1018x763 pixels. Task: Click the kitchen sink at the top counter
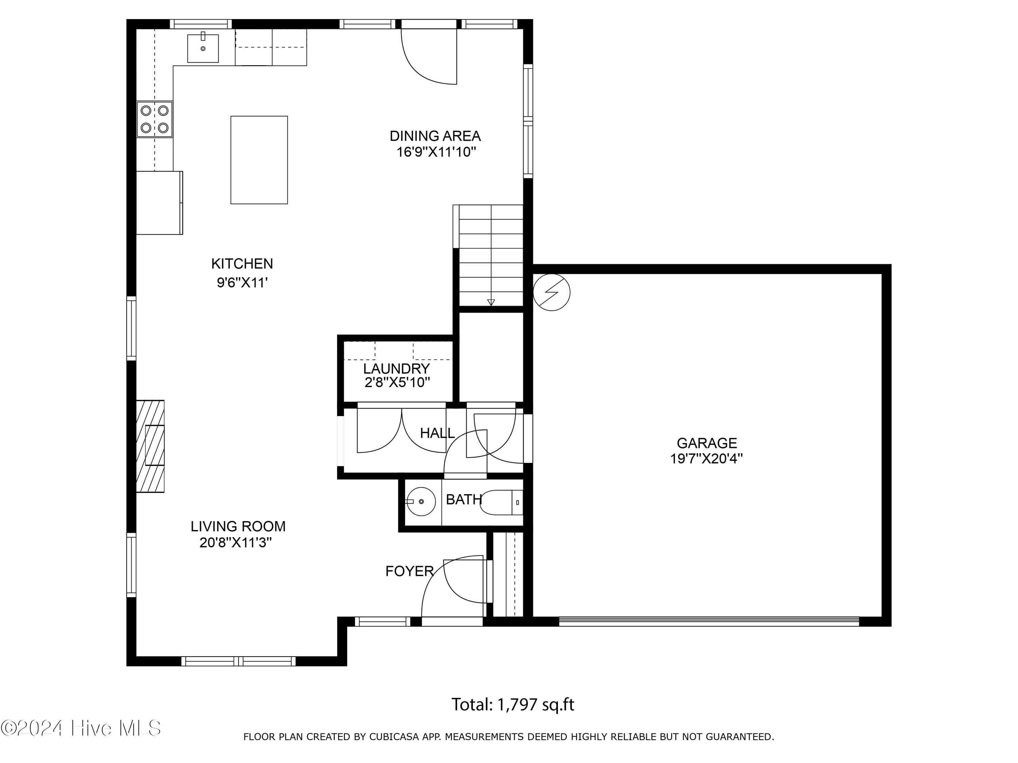203,48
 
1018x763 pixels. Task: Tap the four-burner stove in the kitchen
155,119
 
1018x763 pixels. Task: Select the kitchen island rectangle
259,160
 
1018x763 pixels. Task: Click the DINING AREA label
435,136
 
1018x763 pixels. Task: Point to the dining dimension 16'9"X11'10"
436,152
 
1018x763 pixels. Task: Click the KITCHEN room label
242,263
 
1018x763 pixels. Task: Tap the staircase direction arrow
491,302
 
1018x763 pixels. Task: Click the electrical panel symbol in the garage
551,292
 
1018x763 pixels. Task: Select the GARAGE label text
707,443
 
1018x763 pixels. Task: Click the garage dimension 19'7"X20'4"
706,458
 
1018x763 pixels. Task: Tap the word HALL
437,433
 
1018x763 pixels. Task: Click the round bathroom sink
421,501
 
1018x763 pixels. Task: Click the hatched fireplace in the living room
150,446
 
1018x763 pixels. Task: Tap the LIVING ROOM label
238,526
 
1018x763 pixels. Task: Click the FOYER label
410,571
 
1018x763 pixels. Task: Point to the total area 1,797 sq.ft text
513,705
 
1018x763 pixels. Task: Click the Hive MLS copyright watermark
81,728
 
